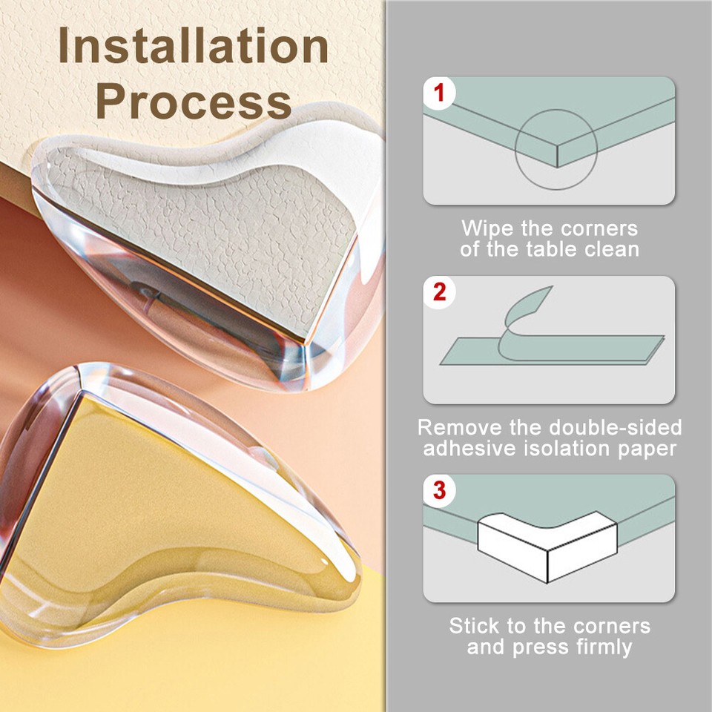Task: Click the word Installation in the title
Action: pyautogui.click(x=194, y=46)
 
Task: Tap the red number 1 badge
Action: pyautogui.click(x=440, y=93)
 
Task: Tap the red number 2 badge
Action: pyautogui.click(x=440, y=292)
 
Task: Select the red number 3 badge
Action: pyautogui.click(x=440, y=490)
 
